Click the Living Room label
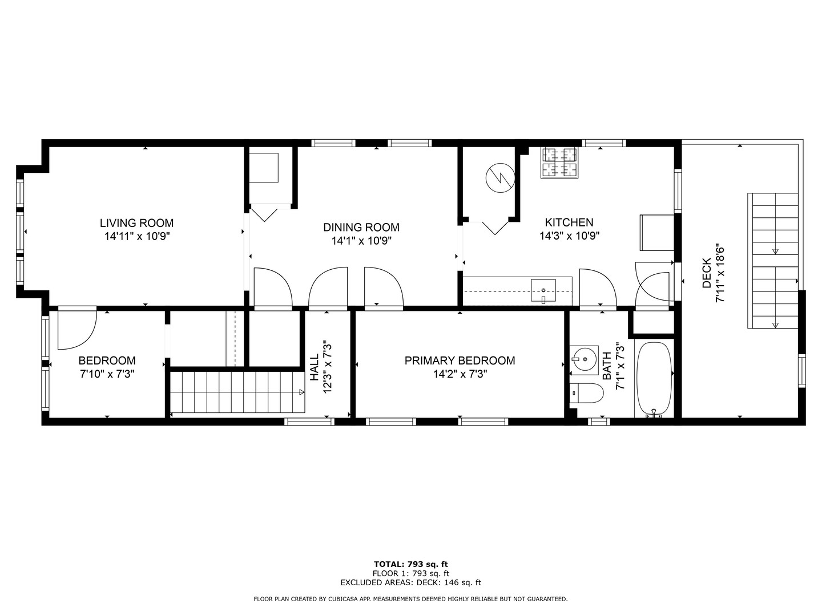coord(136,223)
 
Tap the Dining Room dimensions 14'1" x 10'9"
coord(361,241)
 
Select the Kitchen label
coord(569,222)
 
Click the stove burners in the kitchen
coord(559,162)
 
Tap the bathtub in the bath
coord(654,379)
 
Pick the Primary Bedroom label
coord(460,360)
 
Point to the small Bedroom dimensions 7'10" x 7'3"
coord(107,374)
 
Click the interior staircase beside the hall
coord(237,392)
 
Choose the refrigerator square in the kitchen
coord(657,232)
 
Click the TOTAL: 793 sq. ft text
coord(410,564)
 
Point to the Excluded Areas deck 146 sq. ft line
coord(410,582)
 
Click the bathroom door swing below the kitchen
coord(598,288)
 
